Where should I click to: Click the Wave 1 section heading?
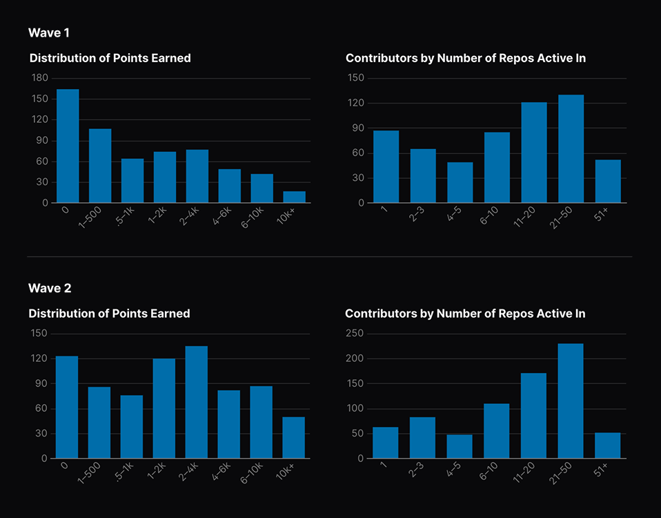click(49, 32)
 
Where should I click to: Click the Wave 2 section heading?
click(50, 287)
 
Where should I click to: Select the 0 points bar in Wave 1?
click(68, 146)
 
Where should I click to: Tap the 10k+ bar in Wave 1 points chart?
click(295, 197)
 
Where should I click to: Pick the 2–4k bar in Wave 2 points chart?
click(197, 402)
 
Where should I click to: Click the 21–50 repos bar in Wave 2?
click(571, 401)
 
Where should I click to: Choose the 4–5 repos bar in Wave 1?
click(460, 182)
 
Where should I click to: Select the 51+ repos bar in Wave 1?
click(608, 181)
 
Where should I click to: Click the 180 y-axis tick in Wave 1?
click(40, 78)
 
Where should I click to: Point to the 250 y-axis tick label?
click(355, 334)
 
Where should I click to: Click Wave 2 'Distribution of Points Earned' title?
click(109, 314)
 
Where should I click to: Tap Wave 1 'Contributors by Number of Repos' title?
click(466, 58)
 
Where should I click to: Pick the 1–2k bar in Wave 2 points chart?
click(164, 408)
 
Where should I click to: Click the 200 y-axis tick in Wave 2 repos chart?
click(355, 358)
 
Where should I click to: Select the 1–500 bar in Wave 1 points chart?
click(100, 166)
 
